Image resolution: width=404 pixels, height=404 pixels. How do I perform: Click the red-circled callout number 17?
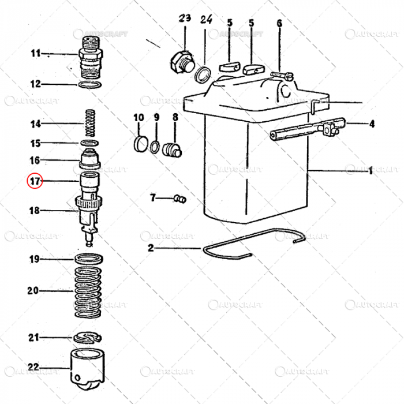35,181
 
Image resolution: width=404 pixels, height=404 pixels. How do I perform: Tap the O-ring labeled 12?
89,85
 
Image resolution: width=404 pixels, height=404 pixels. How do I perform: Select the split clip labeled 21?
88,337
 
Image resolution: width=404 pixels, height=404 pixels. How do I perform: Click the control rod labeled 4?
306,128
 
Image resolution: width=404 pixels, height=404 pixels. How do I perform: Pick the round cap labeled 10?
140,144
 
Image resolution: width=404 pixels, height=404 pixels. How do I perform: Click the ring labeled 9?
156,146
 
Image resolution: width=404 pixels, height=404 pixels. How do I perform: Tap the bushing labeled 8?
172,149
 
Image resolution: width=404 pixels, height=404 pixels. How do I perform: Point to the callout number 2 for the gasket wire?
151,249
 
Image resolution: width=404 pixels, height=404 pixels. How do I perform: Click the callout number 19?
35,259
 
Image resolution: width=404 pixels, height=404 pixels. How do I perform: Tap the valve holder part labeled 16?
89,158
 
